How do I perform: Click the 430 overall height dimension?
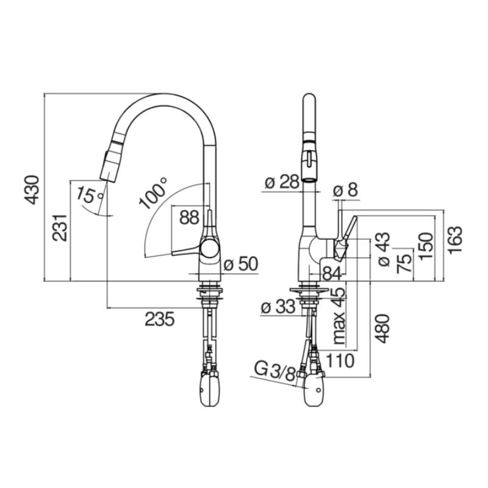point(32,190)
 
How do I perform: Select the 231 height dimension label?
point(59,228)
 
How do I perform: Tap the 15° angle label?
point(90,195)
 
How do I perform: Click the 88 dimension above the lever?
point(189,218)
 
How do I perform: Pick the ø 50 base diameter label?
point(241,264)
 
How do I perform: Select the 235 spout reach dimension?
point(160,319)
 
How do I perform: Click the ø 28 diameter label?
point(282,182)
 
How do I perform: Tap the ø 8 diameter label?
point(345,190)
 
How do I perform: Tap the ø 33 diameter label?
point(278,307)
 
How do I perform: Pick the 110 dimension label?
point(339,361)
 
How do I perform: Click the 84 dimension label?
point(332,274)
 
